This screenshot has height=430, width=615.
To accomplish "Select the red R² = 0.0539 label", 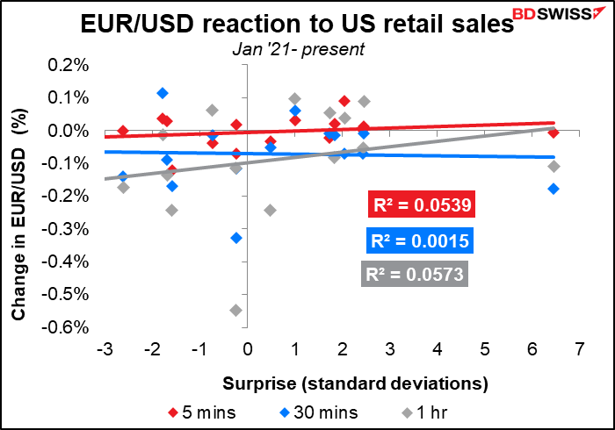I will [421, 207].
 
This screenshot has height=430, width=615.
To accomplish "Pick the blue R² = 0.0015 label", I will [421, 242].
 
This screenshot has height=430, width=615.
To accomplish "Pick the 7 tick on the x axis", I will [578, 350].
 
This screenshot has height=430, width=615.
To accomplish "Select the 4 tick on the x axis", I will [437, 350].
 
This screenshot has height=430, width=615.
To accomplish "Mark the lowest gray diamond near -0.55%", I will [235, 310].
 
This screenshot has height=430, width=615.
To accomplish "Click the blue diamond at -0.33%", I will [235, 238].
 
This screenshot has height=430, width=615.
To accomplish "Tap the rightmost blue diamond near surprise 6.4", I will [553, 189].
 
